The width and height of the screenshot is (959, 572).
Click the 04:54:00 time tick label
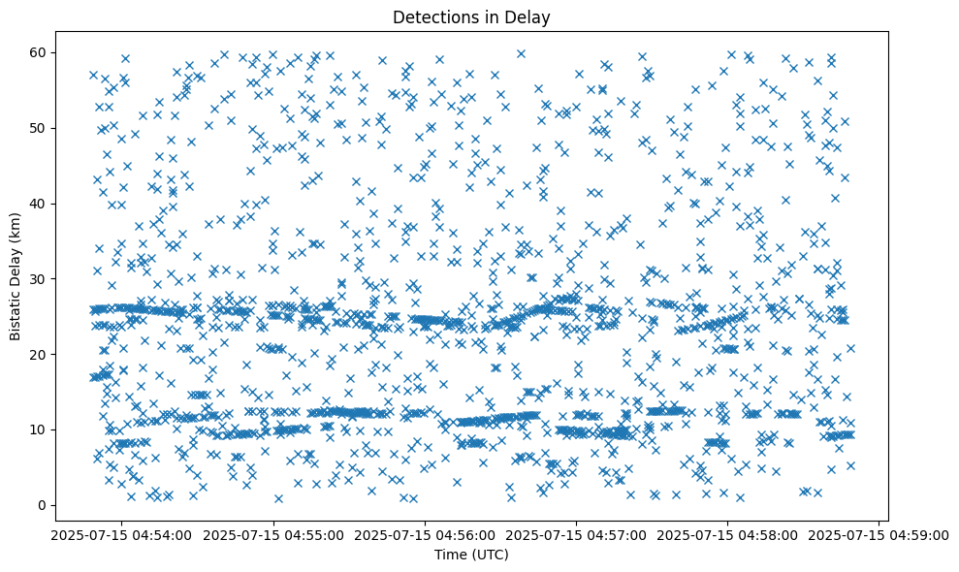[120, 534]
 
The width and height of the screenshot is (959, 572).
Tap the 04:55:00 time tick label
[272, 534]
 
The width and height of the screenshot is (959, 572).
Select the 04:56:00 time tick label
[425, 534]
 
